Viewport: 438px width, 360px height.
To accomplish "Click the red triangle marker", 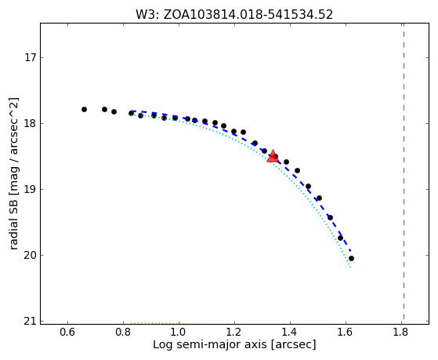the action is click(x=273, y=156).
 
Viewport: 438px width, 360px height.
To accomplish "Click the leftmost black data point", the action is click(x=84, y=109).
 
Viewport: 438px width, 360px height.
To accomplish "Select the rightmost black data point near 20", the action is click(x=351, y=259).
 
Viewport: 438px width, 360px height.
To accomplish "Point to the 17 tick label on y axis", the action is click(x=31, y=58).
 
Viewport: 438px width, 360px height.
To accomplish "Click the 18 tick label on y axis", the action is click(x=31, y=124).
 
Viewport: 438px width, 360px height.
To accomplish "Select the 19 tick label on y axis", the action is click(x=31, y=189).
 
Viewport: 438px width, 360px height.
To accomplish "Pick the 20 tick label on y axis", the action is click(x=31, y=256).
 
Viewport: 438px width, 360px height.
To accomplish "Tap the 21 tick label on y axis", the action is click(x=31, y=322).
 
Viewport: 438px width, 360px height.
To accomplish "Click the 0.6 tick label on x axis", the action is click(x=67, y=332).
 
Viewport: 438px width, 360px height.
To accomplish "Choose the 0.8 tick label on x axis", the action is click(x=123, y=332).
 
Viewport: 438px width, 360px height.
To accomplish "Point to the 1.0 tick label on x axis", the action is click(x=179, y=332).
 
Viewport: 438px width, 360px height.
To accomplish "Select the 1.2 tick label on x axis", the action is click(x=234, y=332).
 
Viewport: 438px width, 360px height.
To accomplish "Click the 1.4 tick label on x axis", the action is click(x=290, y=332).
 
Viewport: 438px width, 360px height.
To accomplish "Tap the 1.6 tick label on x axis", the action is click(x=346, y=332).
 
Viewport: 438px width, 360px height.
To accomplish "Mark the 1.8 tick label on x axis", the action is click(x=401, y=332).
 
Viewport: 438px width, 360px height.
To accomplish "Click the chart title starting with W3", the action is click(x=234, y=15).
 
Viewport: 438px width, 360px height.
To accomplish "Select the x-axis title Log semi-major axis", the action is click(x=234, y=345).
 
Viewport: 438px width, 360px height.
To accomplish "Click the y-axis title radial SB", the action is click(x=14, y=173).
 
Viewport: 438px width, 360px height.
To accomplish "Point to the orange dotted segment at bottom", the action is click(x=162, y=323).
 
